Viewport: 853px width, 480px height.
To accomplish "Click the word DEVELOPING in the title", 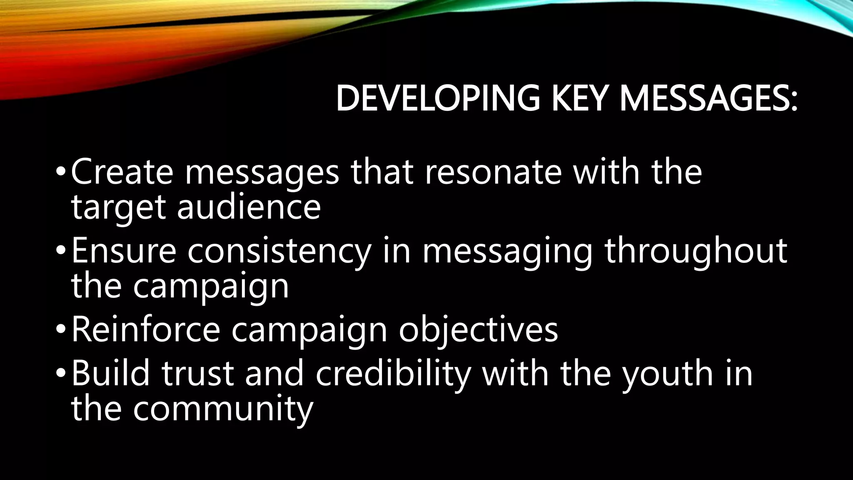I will click(438, 99).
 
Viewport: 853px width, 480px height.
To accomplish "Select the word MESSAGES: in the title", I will click(708, 99).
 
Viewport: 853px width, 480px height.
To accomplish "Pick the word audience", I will click(249, 207).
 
